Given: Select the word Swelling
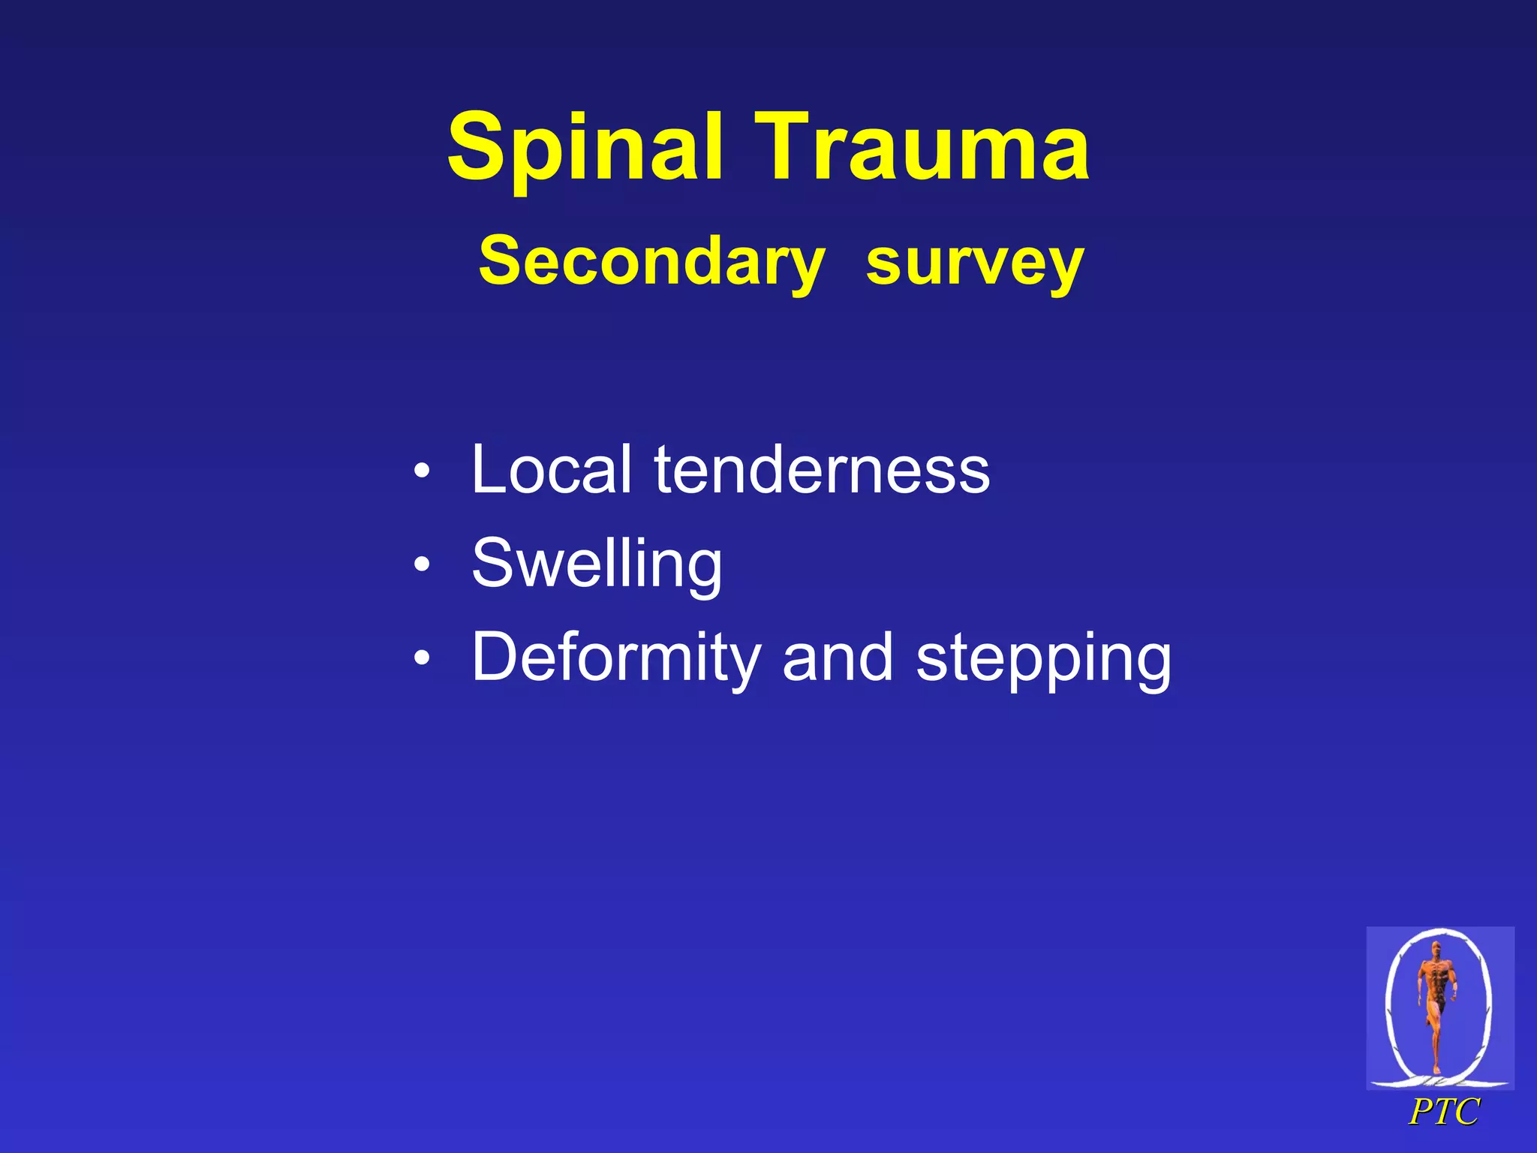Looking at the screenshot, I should [597, 564].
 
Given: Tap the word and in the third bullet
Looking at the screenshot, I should [837, 658].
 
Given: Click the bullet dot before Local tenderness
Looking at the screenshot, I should [423, 471].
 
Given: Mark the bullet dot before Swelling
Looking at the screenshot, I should [423, 564].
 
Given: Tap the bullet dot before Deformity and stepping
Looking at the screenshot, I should [423, 658].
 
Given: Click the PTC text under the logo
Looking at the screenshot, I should [1444, 1112].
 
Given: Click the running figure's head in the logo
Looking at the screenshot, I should [1436, 949].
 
